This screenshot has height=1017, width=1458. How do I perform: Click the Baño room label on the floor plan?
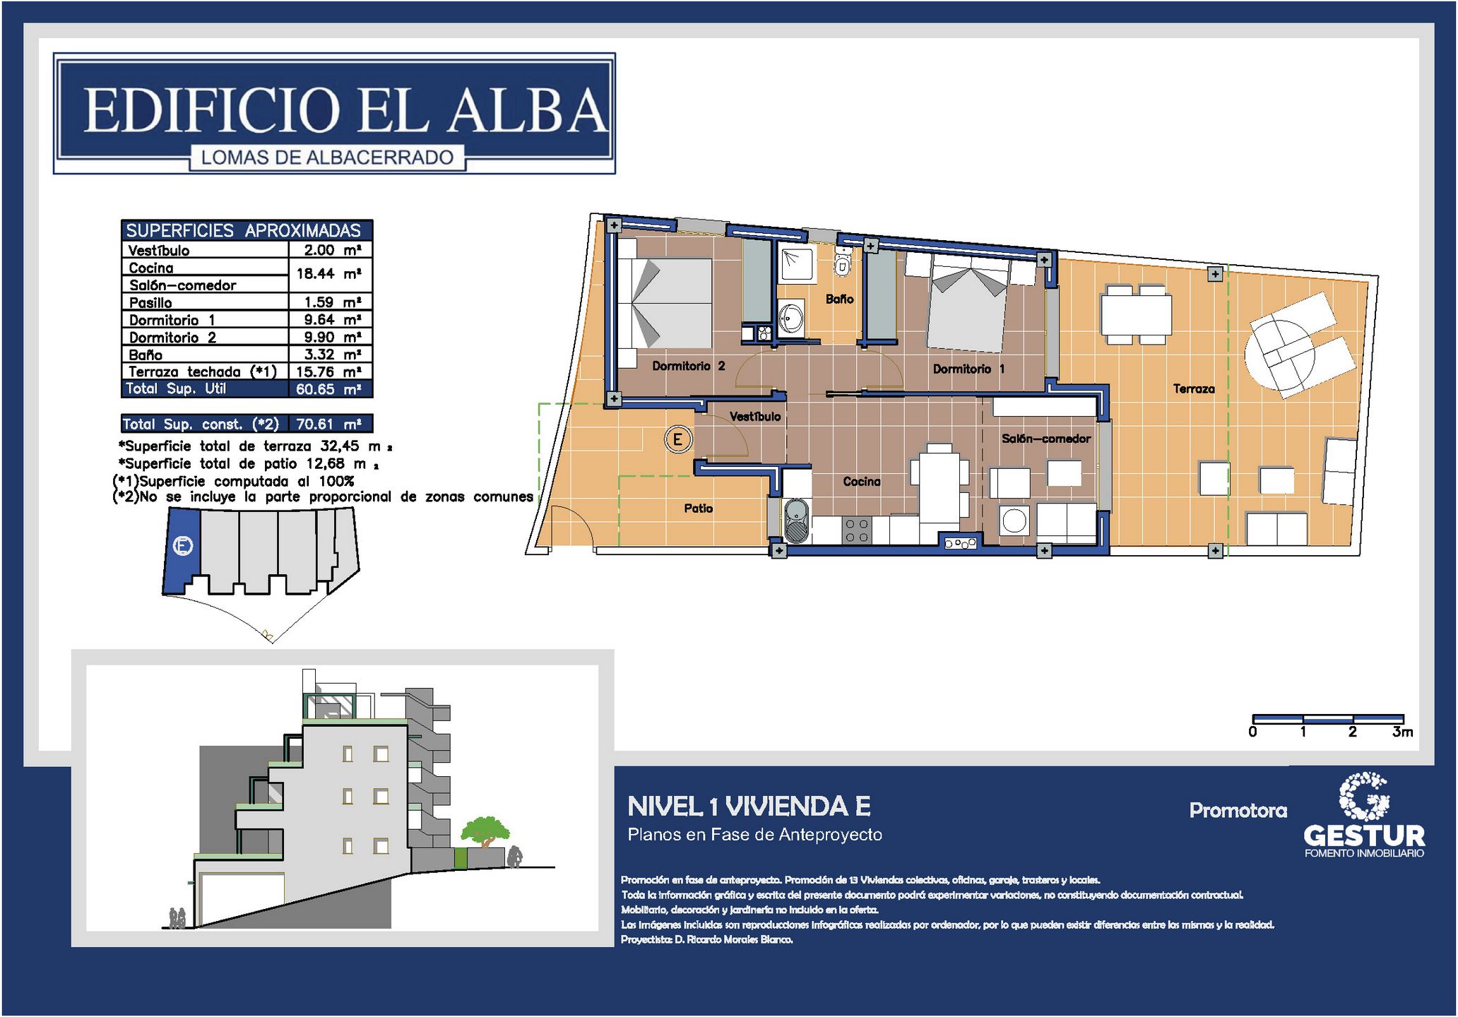pos(839,299)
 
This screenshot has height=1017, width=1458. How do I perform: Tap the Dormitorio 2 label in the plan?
pos(688,366)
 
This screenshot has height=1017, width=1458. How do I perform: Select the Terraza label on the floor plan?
pos(1194,388)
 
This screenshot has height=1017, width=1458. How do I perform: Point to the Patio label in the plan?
pos(698,508)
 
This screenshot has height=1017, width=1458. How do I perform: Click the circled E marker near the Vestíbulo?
pos(677,440)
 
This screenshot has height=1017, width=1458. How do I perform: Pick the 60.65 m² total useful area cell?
pos(329,389)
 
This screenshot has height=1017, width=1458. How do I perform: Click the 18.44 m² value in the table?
pos(329,274)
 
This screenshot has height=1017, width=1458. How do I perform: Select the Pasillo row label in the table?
pos(150,303)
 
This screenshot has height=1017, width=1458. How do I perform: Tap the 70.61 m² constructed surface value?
pos(329,424)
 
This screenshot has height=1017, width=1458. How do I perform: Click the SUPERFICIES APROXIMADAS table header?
pos(244,230)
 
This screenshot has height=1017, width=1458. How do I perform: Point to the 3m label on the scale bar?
pos(1402,732)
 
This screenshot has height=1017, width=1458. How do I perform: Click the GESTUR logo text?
pos(1364,836)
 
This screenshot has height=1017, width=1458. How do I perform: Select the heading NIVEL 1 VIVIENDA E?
pos(749,807)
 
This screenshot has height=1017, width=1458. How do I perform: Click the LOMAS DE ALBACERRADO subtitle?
pos(327,157)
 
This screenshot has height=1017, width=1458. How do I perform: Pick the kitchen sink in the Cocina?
pos(796,521)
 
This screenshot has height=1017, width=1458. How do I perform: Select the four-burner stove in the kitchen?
pos(857,530)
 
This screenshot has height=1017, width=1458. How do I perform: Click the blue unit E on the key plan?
pos(182,551)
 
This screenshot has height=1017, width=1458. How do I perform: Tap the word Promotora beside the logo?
pos(1238,810)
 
